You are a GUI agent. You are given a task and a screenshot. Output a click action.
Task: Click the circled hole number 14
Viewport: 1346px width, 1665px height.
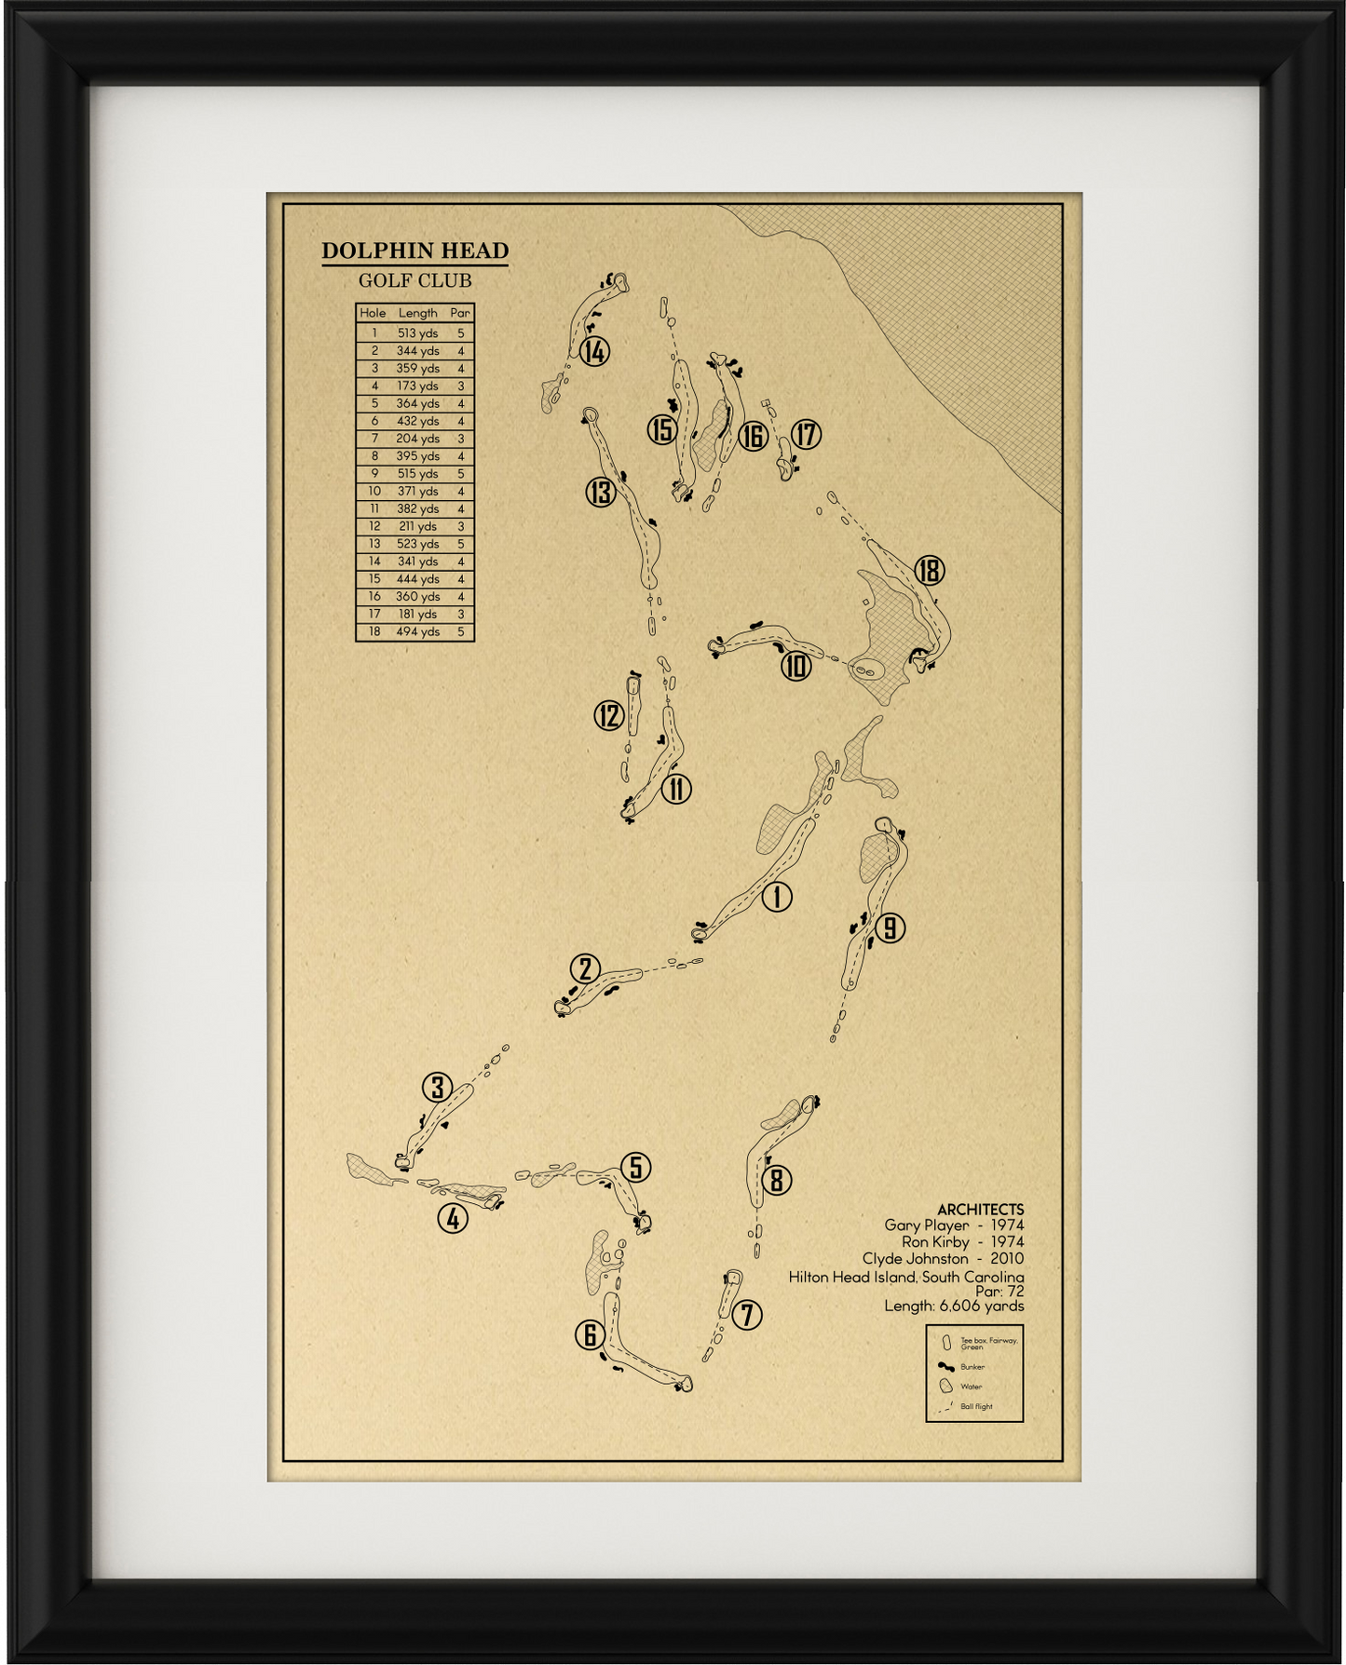(x=594, y=352)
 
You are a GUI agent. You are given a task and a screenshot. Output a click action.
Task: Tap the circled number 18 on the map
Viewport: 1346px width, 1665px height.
(x=929, y=571)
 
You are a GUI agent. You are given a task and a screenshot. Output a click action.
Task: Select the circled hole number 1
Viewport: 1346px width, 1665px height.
(x=777, y=897)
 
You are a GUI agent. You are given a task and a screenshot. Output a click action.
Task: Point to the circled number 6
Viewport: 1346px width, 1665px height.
(x=590, y=1335)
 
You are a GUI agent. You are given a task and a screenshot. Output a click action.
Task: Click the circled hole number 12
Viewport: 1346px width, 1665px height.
(x=609, y=715)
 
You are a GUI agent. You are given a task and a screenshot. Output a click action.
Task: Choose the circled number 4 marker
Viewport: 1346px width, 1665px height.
(x=453, y=1218)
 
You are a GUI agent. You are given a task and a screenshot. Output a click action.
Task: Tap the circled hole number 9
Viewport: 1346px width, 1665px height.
(x=890, y=927)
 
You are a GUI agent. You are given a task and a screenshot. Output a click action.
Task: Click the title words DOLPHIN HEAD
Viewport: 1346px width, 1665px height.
(x=415, y=250)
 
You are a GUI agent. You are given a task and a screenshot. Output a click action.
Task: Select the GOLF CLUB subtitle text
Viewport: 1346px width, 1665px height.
(x=415, y=280)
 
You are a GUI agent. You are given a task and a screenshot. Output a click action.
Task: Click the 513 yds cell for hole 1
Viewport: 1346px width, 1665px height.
(x=417, y=333)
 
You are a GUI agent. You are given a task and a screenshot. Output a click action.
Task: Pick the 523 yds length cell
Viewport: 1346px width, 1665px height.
(x=417, y=544)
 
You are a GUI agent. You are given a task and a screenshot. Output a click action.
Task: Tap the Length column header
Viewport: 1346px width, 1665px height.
(x=417, y=313)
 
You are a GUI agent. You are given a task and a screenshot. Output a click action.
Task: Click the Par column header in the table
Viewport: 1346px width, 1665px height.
(x=460, y=313)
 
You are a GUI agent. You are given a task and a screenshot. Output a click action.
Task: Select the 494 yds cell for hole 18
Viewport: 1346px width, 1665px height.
(x=417, y=631)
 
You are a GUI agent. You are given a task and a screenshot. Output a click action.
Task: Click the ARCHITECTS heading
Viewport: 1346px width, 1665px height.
(x=980, y=1209)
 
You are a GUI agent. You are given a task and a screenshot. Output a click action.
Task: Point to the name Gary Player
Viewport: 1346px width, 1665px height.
(x=926, y=1225)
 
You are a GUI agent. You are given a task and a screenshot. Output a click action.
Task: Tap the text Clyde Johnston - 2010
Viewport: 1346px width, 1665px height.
(x=943, y=1259)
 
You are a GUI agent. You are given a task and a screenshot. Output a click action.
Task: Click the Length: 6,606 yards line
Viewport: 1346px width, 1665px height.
(x=954, y=1306)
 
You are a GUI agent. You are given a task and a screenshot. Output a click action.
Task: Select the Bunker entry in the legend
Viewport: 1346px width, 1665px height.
(x=972, y=1367)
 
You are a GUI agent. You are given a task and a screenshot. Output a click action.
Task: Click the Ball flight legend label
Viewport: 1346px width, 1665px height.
(x=976, y=1406)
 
